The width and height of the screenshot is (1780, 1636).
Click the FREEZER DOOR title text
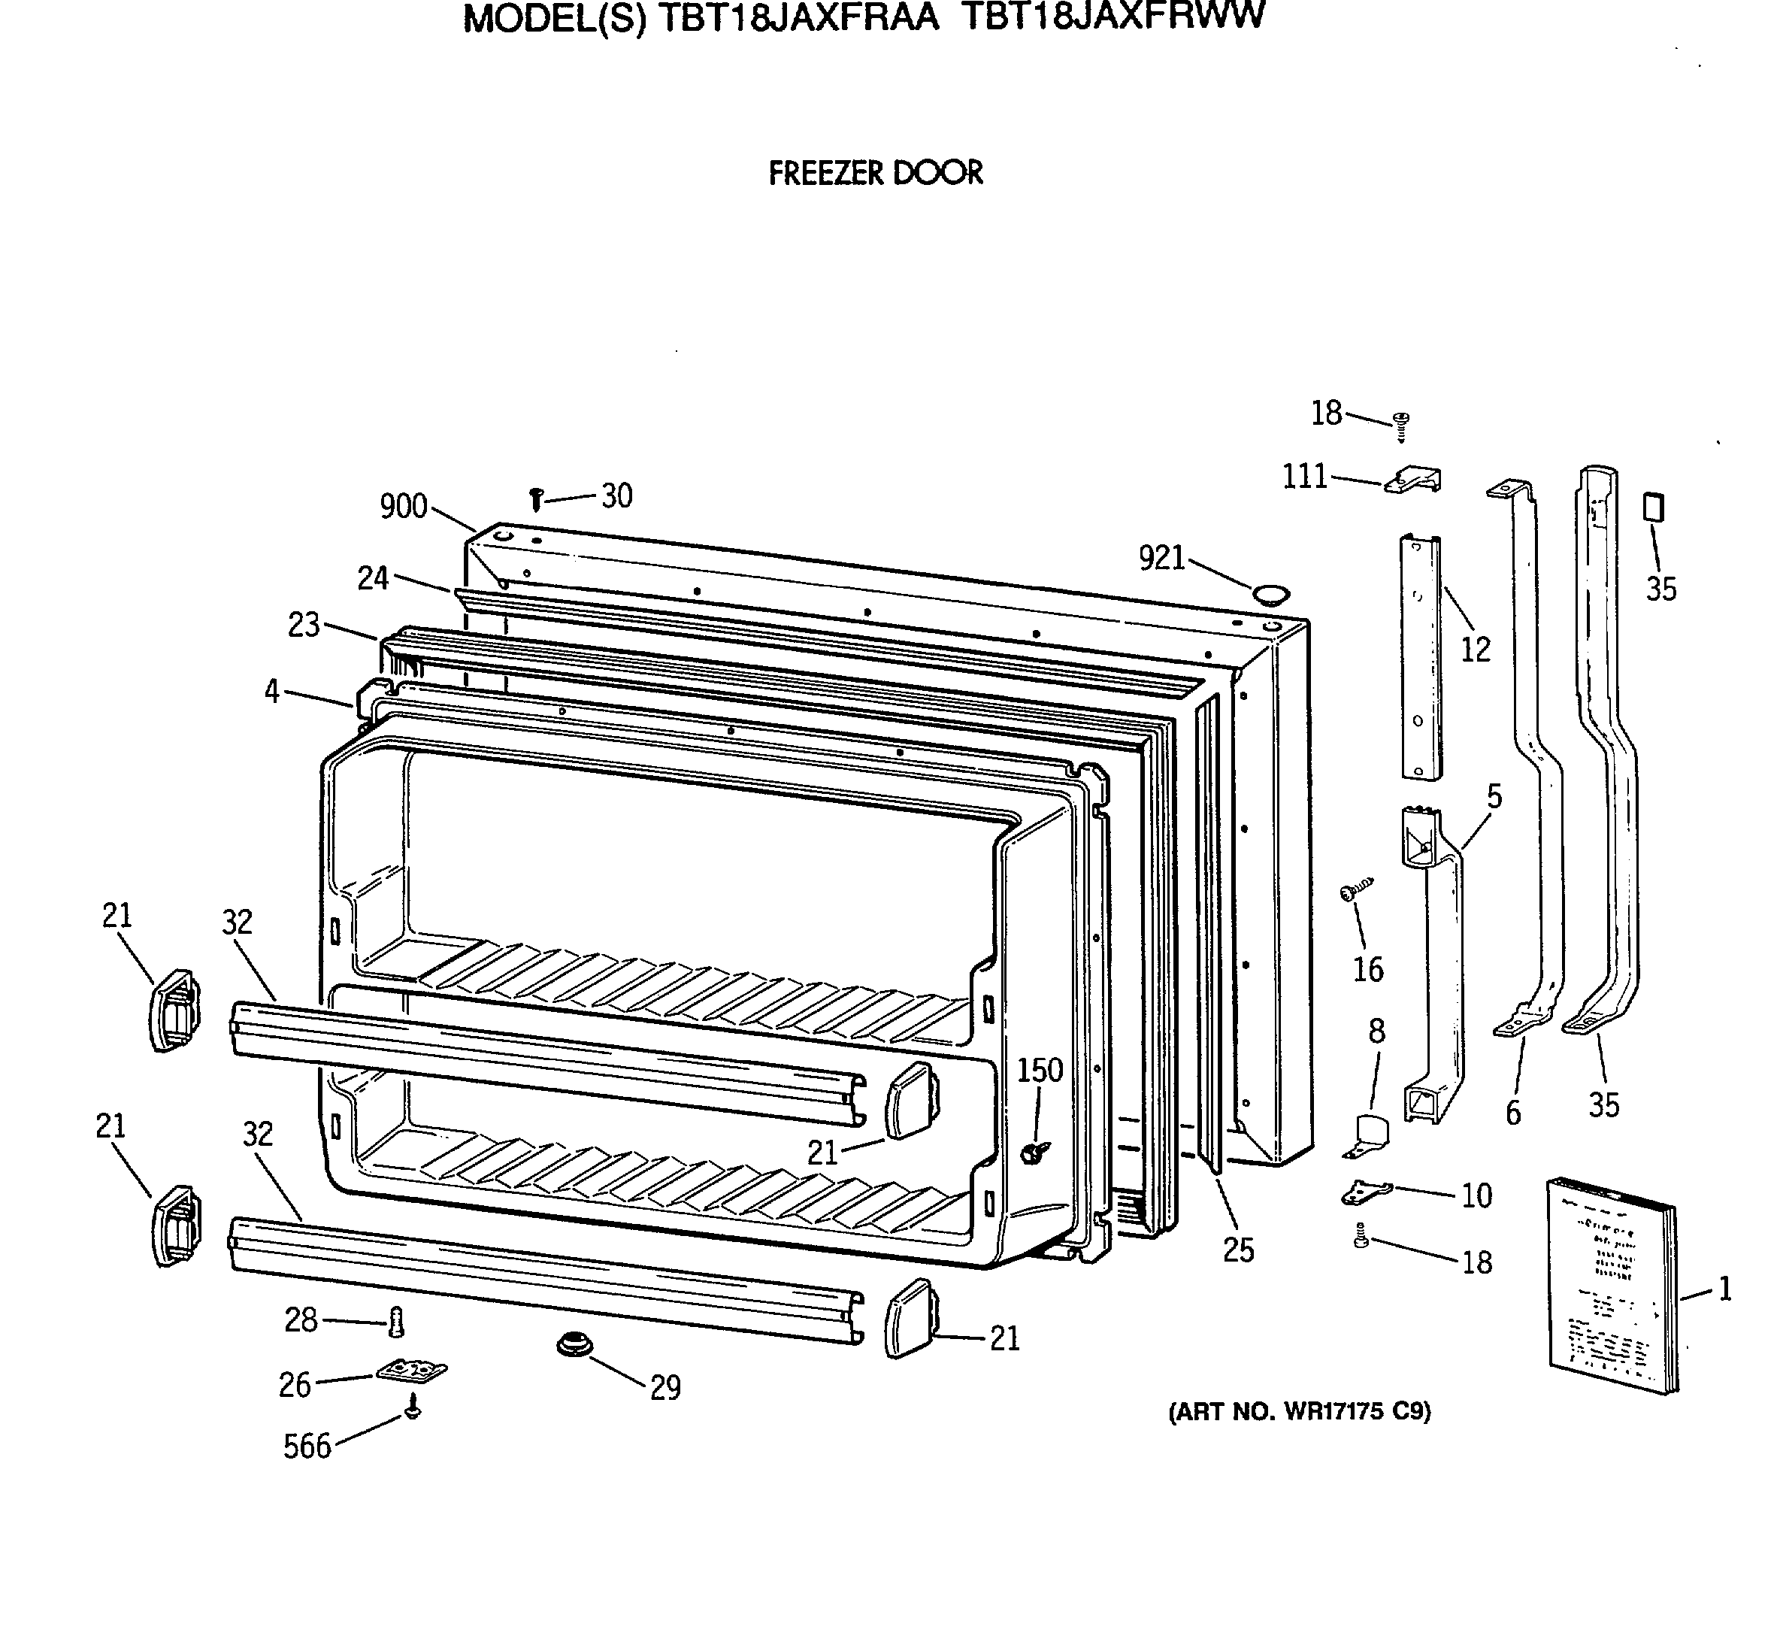pos(876,173)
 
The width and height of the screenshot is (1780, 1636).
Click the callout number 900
pos(404,507)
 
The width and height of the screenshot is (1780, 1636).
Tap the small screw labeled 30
pos(535,499)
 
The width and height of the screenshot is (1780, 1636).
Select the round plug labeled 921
pos(1271,593)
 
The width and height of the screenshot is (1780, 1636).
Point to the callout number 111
pos(1306,477)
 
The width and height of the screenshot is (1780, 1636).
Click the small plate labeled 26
pos(412,1371)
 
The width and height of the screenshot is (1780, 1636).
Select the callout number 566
pos(306,1446)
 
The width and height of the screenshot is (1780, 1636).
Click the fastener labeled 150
pos(1034,1152)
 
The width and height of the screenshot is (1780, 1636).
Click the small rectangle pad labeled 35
pos(1652,507)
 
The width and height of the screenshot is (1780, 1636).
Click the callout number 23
pos(304,625)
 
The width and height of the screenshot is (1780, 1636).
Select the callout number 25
pos(1238,1250)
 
